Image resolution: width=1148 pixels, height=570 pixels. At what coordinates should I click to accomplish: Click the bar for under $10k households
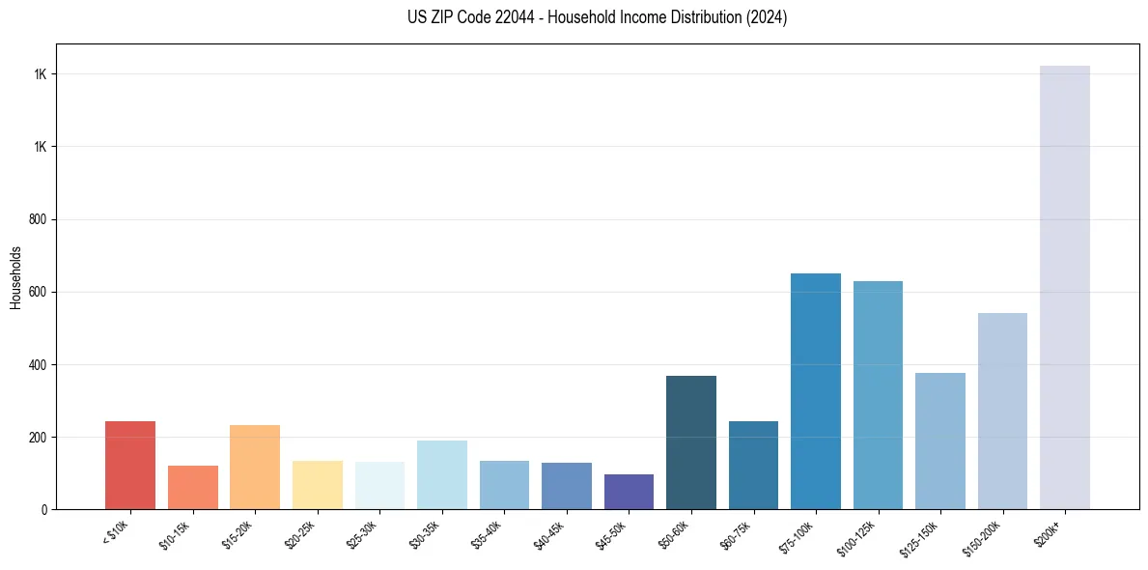click(x=130, y=465)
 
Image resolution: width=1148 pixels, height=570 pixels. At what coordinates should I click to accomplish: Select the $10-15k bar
click(x=192, y=487)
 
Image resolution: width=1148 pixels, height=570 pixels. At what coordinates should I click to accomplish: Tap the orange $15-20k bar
click(x=255, y=467)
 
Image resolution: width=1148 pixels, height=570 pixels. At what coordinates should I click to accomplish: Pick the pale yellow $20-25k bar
click(x=317, y=484)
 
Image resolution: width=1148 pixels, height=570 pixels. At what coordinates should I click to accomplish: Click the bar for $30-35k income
click(x=441, y=474)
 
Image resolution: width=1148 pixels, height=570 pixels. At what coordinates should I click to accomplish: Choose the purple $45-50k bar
click(x=629, y=492)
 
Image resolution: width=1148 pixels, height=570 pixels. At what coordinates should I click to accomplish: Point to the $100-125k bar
click(x=878, y=395)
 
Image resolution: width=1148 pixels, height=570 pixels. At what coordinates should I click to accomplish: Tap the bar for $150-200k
click(x=1002, y=411)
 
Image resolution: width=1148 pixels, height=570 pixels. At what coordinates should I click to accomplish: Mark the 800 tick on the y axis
click(x=39, y=219)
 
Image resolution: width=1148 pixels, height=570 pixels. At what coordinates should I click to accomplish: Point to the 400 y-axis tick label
click(x=39, y=364)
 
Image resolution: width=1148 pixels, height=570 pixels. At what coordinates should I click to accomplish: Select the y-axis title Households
click(x=15, y=277)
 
